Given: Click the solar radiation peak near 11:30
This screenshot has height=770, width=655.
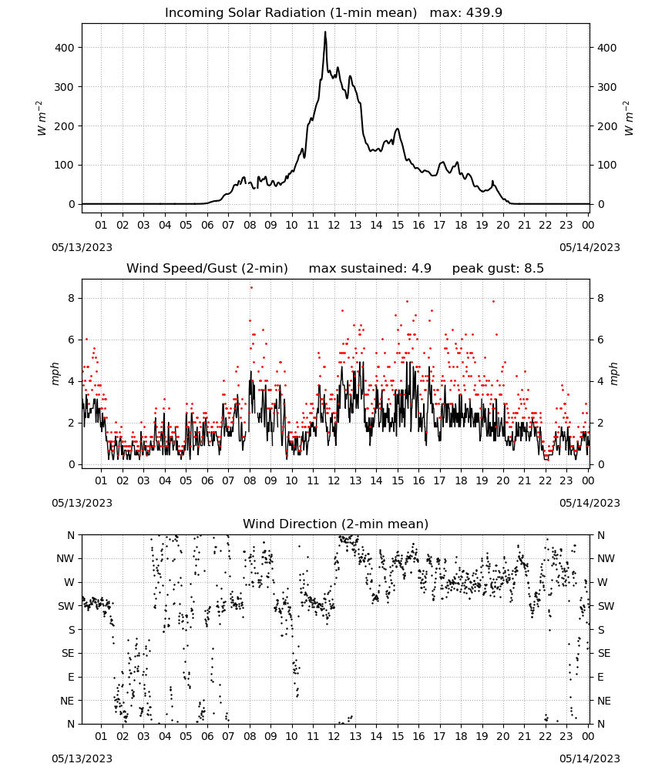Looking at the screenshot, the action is (x=324, y=32).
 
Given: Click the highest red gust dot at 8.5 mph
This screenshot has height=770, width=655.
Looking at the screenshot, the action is (x=251, y=288).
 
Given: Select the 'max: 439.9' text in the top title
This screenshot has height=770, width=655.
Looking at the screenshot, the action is (x=466, y=12).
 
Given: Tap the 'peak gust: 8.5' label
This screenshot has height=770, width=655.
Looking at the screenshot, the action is (x=498, y=268).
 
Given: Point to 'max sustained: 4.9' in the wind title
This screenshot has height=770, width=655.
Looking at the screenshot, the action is (x=370, y=268).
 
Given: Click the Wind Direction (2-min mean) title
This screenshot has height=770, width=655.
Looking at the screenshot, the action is (x=336, y=524).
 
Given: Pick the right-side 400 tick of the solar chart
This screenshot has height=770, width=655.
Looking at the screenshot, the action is (x=607, y=48).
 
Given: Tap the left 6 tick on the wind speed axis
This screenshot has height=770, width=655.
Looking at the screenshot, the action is (x=72, y=340).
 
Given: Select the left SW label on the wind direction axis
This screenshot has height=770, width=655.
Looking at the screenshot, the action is (x=66, y=606).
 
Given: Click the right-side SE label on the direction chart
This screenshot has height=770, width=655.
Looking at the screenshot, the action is (x=604, y=653).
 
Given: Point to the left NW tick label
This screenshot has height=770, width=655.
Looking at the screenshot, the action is (x=65, y=558).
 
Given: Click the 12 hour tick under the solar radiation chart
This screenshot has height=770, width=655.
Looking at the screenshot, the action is (x=334, y=225).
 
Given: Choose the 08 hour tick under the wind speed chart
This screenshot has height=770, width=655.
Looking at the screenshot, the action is (x=250, y=480).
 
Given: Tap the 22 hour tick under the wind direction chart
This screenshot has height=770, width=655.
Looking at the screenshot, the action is (x=546, y=736).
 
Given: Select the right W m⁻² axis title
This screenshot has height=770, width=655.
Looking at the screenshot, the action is (x=629, y=119).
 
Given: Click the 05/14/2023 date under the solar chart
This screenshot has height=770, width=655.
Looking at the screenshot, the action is (x=589, y=247).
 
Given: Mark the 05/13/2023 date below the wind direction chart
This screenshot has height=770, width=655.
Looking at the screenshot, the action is (x=82, y=758).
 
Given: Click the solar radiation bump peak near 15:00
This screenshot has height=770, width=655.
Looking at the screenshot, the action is (x=398, y=129).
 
